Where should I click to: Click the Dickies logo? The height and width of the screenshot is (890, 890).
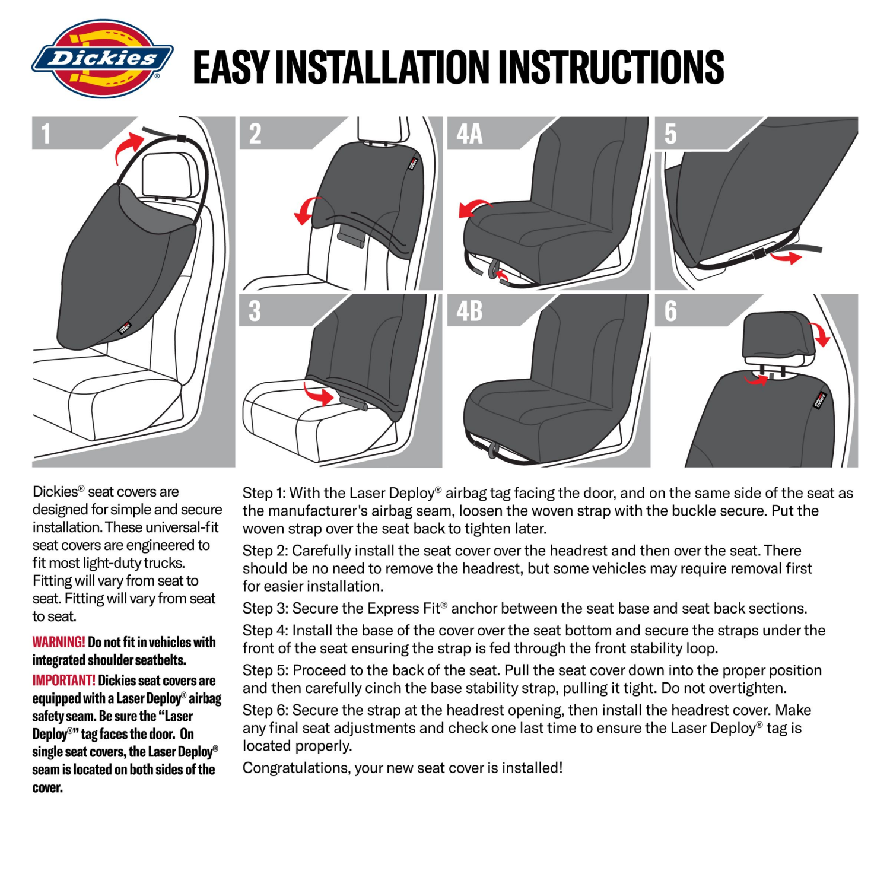[x=102, y=59]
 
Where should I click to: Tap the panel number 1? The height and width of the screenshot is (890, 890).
[x=46, y=133]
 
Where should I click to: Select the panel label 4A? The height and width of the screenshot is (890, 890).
[x=469, y=133]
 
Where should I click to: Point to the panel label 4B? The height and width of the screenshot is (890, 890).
[x=469, y=311]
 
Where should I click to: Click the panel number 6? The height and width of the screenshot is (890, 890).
[x=670, y=311]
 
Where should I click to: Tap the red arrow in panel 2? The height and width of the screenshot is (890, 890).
[x=306, y=211]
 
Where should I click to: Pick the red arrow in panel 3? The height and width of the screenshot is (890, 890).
[x=319, y=393]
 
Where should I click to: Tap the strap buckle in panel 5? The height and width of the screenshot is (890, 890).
[x=758, y=255]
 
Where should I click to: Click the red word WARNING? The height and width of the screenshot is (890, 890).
[x=59, y=642]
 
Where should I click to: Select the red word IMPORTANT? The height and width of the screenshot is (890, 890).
[x=63, y=681]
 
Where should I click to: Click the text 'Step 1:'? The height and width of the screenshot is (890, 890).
[x=264, y=493]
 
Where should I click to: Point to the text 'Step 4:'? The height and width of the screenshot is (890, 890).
[x=265, y=630]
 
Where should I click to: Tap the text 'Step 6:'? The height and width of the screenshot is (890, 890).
[x=265, y=710]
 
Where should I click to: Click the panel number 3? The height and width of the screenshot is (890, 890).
[x=255, y=311]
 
